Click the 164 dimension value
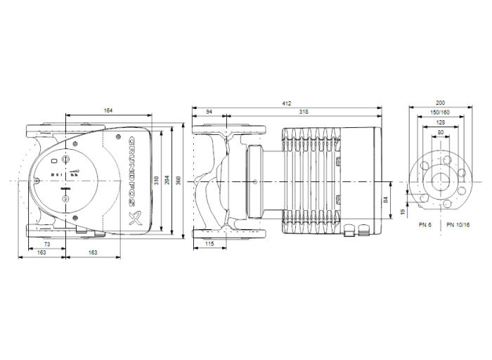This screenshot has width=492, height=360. coord(108,111)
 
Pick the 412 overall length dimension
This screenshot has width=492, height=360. coord(287,103)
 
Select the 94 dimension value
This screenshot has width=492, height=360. coord(209,112)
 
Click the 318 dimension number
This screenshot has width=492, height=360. coord(304,112)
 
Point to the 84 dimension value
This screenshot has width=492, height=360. coord(386,200)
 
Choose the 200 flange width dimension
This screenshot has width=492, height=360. coord(441,103)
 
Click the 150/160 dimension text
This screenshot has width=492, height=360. coord(441,112)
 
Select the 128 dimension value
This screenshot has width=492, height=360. coord(441,122)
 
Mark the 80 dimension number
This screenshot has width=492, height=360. coord(441,132)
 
